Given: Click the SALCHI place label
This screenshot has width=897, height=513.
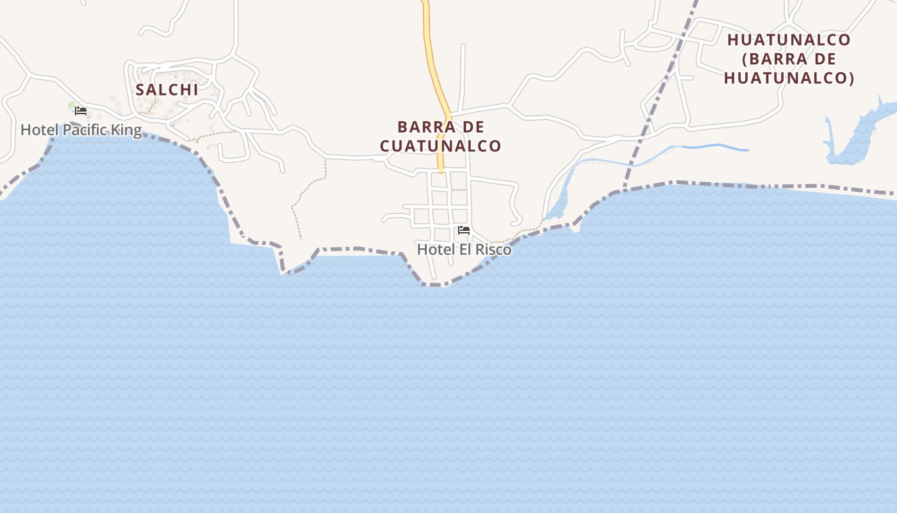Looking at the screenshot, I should (167, 90).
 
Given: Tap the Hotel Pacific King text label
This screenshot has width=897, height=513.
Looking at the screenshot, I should (81, 130).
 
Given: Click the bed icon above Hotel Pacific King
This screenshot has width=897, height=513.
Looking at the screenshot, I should (81, 111).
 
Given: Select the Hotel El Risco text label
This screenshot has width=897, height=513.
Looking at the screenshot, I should (465, 249).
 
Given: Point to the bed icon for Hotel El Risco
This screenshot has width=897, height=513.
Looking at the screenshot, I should (464, 230).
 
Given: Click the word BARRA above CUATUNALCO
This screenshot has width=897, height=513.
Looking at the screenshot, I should (424, 126).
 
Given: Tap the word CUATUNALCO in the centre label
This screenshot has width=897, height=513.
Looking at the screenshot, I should (440, 146).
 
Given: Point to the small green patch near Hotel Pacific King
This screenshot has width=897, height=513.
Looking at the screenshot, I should (71, 105).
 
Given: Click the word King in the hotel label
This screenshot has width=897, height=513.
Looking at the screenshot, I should (127, 130).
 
